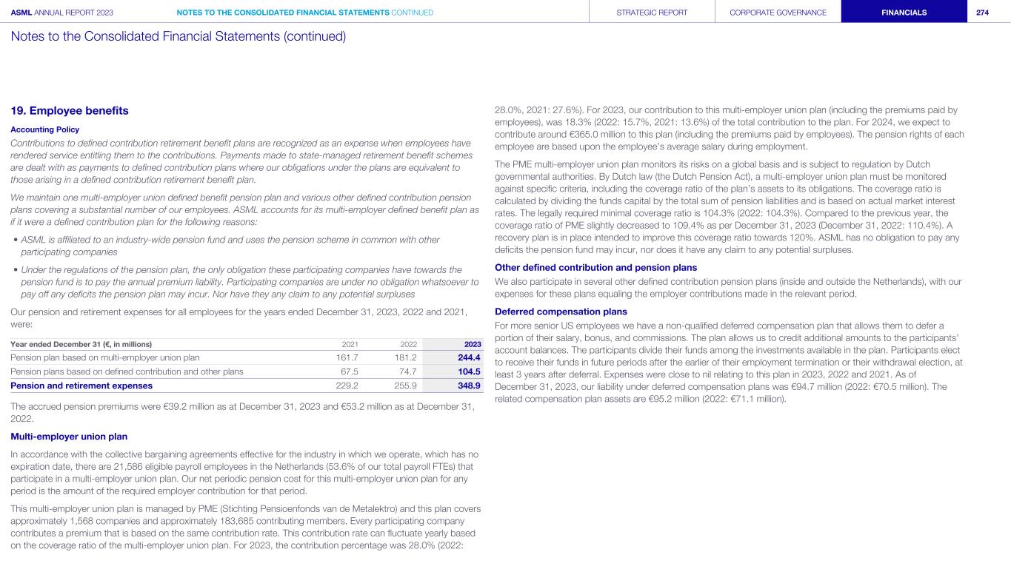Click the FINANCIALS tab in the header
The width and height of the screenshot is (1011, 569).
pyautogui.click(x=904, y=13)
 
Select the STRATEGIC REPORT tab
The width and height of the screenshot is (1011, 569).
pyautogui.click(x=652, y=13)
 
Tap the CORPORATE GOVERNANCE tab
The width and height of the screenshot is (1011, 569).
pyautogui.click(x=778, y=13)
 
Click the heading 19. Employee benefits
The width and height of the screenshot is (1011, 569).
pyautogui.click(x=70, y=111)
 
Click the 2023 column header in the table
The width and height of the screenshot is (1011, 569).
pyautogui.click(x=472, y=344)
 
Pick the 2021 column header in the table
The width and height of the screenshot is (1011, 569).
pyautogui.click(x=350, y=344)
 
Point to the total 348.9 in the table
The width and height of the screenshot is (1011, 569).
pyautogui.click(x=468, y=385)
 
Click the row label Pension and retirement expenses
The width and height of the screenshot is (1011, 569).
pyautogui.click(x=81, y=385)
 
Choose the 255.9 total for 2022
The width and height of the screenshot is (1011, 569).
pyautogui.click(x=406, y=385)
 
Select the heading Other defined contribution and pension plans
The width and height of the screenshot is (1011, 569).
pyautogui.click(x=595, y=267)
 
